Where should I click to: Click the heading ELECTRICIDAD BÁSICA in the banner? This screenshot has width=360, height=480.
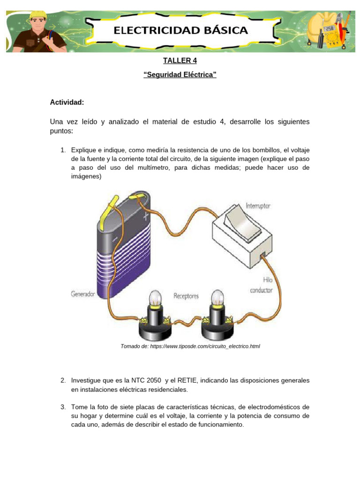coord(180,30)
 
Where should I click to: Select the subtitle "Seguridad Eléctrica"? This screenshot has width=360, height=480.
coord(180,75)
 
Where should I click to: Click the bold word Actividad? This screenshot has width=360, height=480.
coord(67,102)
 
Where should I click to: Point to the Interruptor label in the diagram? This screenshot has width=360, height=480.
coord(258,206)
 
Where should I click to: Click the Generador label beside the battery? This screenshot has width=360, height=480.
coord(83,294)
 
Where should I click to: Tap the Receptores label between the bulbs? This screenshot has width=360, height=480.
coord(186,296)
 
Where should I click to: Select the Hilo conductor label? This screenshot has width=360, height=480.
coord(261,285)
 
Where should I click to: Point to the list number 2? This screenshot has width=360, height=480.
coord(63,380)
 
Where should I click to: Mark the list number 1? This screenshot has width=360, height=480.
coord(63,150)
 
